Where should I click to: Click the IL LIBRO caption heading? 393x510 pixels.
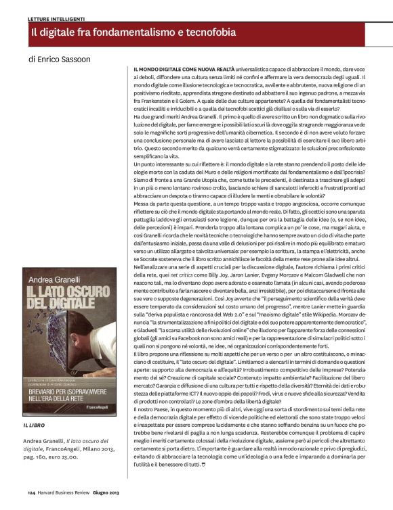coord(36,424)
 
